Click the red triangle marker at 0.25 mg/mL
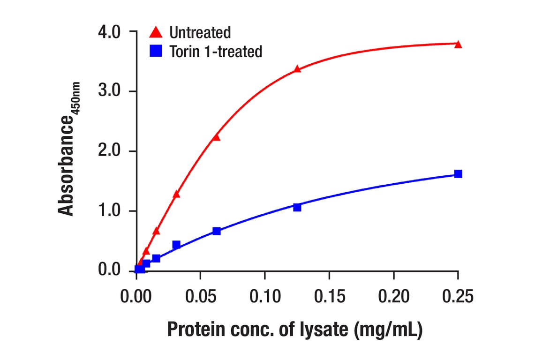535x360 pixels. (x=458, y=45)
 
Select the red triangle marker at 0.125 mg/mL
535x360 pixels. (x=297, y=69)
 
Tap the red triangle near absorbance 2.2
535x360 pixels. (x=216, y=137)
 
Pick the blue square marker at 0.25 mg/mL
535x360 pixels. (x=458, y=174)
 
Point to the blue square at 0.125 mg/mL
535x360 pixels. (x=297, y=207)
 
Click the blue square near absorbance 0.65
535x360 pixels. (x=216, y=231)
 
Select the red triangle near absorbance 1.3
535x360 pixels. (x=176, y=194)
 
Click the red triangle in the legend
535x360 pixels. (x=156, y=32)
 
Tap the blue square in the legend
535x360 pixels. (x=156, y=51)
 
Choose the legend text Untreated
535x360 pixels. (x=200, y=32)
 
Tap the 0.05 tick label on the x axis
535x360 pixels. (x=200, y=296)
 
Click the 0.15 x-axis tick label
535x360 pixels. (x=329, y=296)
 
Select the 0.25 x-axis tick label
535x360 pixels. (x=458, y=296)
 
